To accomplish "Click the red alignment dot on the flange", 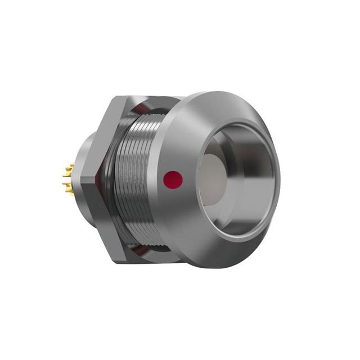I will coord(173,180).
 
